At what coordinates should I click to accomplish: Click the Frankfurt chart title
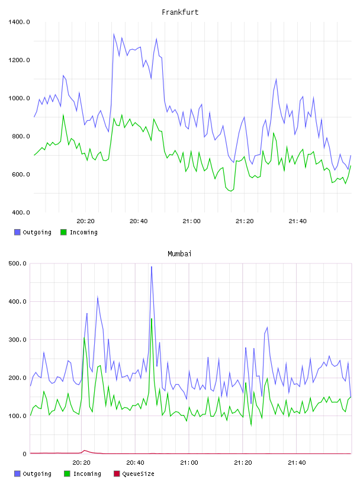click(180, 12)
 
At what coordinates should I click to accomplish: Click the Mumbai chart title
click(179, 253)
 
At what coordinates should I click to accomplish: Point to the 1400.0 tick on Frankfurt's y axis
click(19, 22)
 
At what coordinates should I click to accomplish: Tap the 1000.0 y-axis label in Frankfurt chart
click(19, 98)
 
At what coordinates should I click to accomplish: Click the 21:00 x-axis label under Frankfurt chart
click(191, 221)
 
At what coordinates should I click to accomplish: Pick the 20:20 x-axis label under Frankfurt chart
click(85, 221)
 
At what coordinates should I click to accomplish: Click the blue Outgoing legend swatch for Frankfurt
click(17, 232)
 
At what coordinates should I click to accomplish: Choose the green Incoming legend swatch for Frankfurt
click(63, 232)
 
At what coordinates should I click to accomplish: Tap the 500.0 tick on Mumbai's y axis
click(17, 263)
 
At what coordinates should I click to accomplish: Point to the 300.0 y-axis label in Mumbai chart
click(17, 340)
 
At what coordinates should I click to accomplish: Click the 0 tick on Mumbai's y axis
click(25, 454)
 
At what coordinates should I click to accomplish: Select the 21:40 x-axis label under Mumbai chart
click(297, 462)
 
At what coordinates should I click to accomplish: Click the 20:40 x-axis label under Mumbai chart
click(135, 462)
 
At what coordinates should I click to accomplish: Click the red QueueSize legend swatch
click(117, 474)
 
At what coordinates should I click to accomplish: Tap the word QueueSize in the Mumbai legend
click(138, 474)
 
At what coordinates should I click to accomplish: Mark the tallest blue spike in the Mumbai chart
click(152, 267)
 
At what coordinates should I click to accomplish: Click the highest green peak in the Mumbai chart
click(152, 319)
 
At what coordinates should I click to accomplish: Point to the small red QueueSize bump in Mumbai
click(85, 450)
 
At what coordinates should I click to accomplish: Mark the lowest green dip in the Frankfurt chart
click(230, 191)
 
